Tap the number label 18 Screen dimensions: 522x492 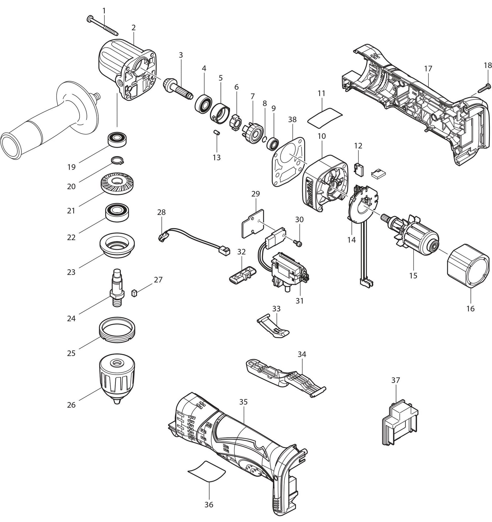[x=488, y=66]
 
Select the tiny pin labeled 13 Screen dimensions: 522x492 [x=217, y=132]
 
